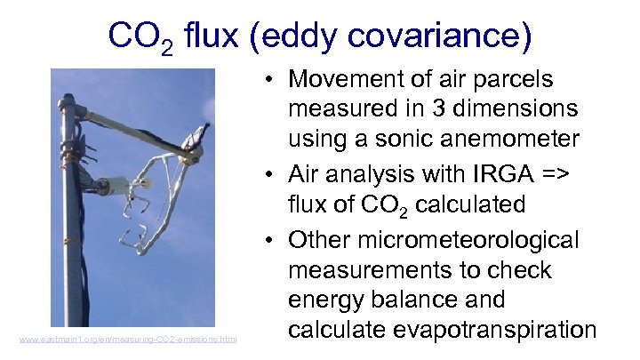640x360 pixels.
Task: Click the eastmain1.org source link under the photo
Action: (x=128, y=339)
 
